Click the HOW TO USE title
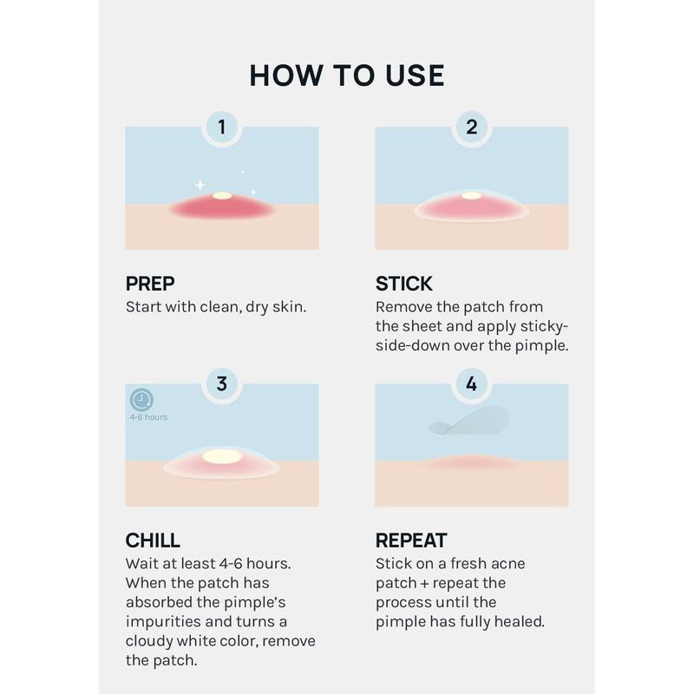346,75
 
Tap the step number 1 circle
222,127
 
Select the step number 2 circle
471,127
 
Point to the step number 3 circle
222,383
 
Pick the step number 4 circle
471,383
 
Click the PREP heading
150,284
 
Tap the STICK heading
403,284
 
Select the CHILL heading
153,540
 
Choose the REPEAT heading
411,540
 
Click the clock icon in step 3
141,400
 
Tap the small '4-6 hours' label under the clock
148,417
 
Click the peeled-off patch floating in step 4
468,421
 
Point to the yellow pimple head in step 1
222,196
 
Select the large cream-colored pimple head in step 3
222,456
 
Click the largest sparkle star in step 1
200,185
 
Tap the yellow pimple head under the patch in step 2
471,196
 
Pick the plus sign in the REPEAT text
424,584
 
